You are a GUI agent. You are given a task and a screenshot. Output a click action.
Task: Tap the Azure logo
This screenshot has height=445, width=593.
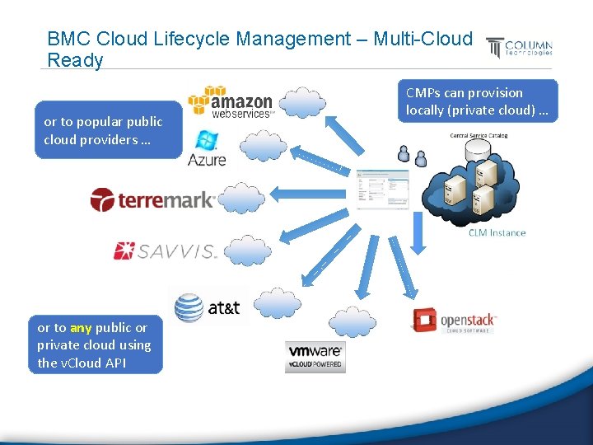206,148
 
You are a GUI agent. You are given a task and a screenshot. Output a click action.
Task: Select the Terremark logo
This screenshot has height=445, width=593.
153,199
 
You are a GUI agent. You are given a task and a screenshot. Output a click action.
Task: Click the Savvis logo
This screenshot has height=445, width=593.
165,251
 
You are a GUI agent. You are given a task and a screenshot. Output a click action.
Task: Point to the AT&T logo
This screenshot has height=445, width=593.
208,307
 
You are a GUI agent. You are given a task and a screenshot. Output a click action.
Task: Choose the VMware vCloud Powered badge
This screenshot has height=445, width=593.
315,356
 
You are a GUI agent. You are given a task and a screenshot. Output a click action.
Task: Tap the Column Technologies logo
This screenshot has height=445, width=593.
519,48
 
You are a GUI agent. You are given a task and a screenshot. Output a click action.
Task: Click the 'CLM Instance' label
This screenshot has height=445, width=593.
497,233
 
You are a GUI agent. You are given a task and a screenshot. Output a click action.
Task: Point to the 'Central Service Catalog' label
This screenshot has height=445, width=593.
479,135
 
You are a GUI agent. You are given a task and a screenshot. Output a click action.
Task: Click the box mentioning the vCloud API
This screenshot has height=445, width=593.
95,344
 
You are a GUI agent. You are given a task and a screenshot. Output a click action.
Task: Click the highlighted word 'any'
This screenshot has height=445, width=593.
81,328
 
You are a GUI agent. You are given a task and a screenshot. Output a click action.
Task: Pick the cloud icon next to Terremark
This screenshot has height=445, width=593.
245,198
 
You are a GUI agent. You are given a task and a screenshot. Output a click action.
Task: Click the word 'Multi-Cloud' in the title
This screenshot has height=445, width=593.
423,39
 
